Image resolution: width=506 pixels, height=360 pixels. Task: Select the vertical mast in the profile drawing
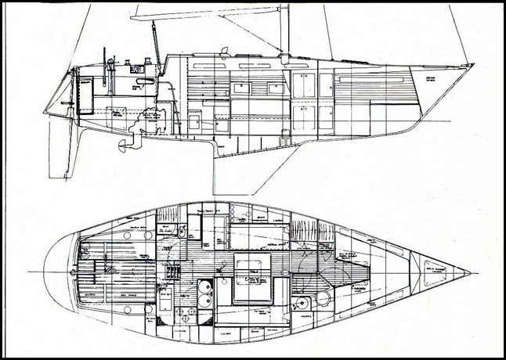tap(286, 31)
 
